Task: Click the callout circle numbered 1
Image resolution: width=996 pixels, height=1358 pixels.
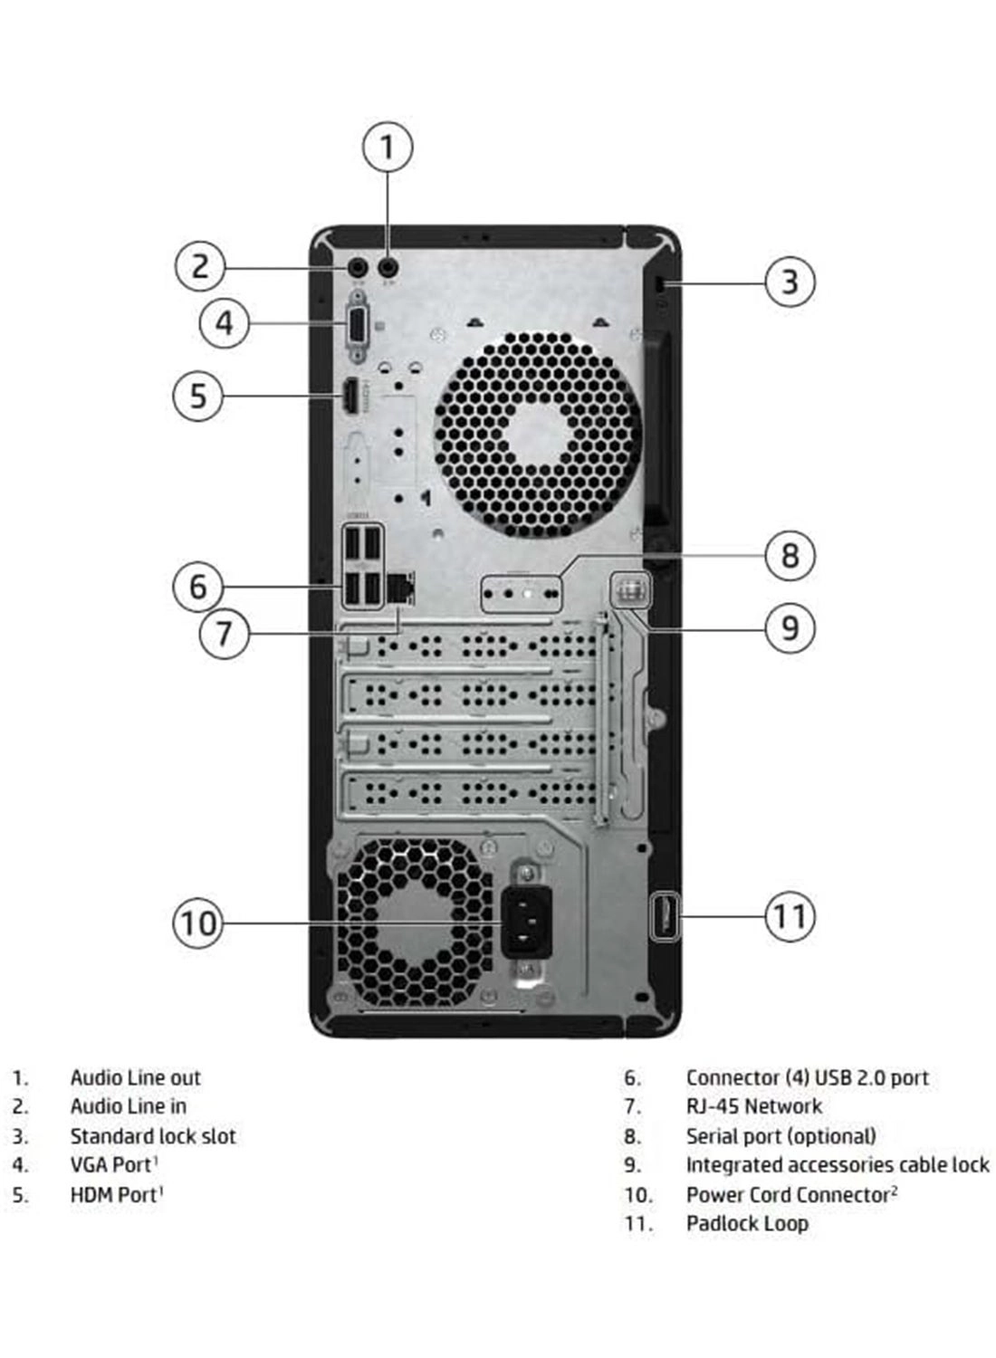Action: click(388, 147)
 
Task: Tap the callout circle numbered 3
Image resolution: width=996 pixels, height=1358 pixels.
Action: click(790, 282)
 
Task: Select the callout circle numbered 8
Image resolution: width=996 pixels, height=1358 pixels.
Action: click(790, 555)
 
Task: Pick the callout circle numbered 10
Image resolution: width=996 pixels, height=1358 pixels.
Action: click(197, 923)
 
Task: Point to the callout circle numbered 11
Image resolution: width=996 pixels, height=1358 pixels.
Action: click(790, 917)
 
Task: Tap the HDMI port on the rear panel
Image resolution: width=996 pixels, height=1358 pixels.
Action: click(348, 397)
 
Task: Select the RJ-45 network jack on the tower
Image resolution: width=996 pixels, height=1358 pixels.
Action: click(400, 590)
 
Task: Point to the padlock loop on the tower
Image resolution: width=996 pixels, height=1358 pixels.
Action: click(663, 916)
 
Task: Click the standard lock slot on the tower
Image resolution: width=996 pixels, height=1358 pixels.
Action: click(660, 284)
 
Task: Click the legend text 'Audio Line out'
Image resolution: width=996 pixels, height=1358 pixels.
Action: click(136, 1077)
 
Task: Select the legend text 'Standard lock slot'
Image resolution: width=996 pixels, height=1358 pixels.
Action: click(153, 1136)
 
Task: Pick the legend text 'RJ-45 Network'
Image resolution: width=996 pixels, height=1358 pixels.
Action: click(753, 1106)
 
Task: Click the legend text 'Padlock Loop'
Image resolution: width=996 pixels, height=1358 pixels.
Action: click(747, 1224)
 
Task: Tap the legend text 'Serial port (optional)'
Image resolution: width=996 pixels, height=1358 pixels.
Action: click(781, 1136)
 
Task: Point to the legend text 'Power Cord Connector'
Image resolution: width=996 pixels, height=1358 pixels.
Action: click(788, 1195)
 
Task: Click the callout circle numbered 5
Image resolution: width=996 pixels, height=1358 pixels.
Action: click(197, 396)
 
